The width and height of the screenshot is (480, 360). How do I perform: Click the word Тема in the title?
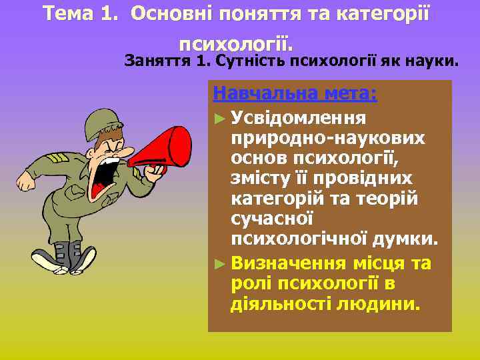67,13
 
